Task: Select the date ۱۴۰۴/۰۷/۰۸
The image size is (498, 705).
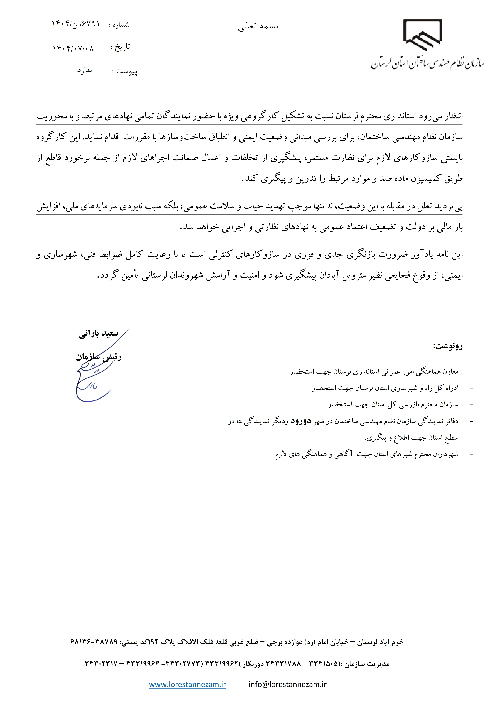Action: click(x=73, y=48)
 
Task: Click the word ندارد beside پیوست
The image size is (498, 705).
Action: click(x=84, y=70)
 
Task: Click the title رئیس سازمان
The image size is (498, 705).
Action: click(x=98, y=357)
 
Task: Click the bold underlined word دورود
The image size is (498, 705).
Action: click(x=301, y=421)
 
